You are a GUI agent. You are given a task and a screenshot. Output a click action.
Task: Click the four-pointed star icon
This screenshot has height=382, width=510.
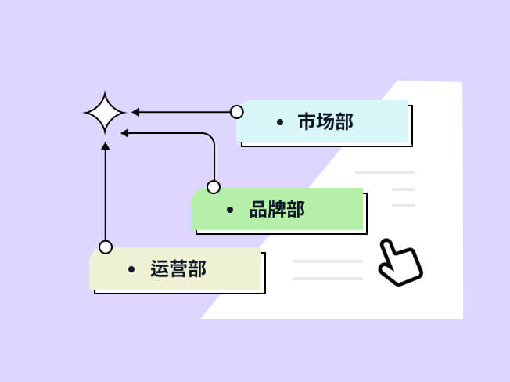tap(105, 113)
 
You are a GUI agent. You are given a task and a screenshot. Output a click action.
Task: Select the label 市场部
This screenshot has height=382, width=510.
tap(325, 122)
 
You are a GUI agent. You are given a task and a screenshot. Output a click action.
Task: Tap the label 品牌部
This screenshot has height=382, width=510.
tap(277, 210)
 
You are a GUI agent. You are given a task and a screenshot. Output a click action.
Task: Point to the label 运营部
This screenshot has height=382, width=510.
tap(178, 269)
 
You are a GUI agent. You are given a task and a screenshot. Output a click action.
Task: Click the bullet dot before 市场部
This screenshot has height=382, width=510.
tap(280, 122)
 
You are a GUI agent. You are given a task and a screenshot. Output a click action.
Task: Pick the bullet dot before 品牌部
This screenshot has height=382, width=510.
tap(230, 210)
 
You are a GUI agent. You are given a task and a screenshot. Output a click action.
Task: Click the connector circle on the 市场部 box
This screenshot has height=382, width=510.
tap(237, 112)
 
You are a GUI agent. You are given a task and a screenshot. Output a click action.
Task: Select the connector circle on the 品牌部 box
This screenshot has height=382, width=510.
tap(214, 187)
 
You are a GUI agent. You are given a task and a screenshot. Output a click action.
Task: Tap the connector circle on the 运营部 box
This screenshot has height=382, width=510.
tap(106, 247)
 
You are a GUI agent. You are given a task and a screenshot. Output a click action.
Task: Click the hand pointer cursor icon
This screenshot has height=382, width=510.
tap(400, 263)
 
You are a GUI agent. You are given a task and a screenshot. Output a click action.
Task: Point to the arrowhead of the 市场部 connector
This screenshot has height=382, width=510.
tap(135, 112)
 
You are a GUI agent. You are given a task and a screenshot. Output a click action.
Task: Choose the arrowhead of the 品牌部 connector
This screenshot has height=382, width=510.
tap(124, 133)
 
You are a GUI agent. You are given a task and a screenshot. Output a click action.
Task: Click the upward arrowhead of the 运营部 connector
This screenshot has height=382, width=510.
tap(106, 146)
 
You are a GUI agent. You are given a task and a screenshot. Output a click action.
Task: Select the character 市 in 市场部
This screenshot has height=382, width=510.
tap(306, 122)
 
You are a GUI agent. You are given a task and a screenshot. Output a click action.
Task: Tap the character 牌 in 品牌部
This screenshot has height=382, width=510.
tap(277, 210)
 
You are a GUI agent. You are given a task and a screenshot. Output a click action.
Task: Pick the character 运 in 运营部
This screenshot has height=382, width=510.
tap(160, 269)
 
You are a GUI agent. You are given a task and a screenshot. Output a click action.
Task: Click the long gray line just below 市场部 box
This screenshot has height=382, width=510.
tap(384, 171)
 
